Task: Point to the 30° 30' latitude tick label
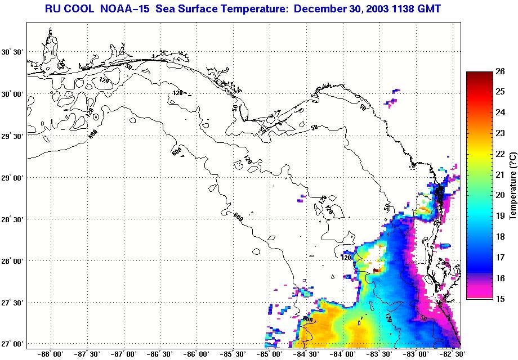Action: pos(12,52)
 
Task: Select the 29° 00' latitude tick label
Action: pos(12,177)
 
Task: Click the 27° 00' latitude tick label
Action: pos(12,344)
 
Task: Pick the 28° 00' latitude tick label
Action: pos(12,260)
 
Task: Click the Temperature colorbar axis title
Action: pos(513,185)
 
